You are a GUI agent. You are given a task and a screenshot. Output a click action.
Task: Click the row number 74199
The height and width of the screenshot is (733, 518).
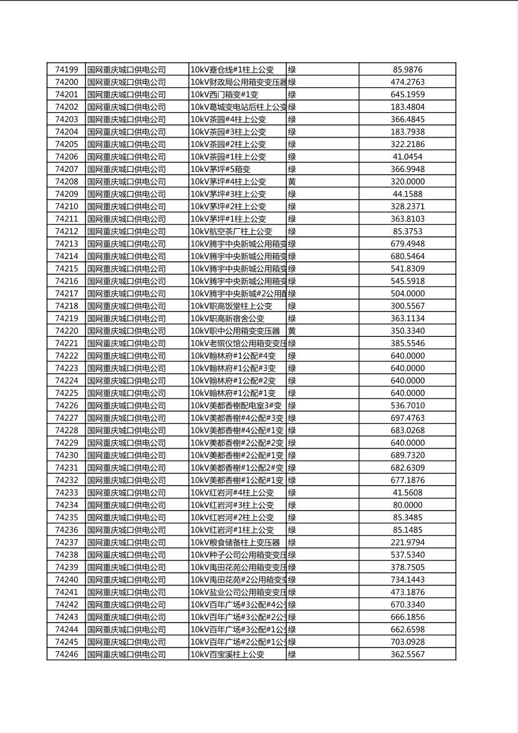[x=66, y=70]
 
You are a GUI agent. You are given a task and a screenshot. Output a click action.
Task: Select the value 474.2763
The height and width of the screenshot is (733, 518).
[x=407, y=82]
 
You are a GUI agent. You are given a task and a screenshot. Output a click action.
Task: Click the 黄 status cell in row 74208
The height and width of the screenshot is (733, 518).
[x=292, y=182]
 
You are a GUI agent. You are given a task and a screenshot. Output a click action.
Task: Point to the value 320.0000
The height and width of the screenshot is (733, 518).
[x=407, y=182]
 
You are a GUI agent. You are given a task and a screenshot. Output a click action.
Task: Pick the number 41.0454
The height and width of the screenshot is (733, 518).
[x=407, y=157]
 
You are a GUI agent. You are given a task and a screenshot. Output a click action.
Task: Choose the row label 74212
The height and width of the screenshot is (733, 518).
[x=66, y=231]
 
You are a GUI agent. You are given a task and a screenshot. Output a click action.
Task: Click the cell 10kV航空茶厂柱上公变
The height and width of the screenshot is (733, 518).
[x=231, y=231]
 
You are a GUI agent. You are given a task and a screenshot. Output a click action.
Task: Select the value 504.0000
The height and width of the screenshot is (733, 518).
[x=407, y=293]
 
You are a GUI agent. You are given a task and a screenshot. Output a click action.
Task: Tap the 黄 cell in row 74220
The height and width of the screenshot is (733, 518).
[x=292, y=331]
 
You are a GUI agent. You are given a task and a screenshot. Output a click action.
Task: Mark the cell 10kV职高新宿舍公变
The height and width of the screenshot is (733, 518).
[x=228, y=318]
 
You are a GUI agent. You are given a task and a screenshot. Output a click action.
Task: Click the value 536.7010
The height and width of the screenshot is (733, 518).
[x=407, y=405]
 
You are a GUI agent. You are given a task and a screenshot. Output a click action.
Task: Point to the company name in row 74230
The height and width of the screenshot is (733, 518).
[x=127, y=455]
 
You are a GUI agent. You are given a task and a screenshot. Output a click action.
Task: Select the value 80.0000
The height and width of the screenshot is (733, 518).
[x=407, y=505]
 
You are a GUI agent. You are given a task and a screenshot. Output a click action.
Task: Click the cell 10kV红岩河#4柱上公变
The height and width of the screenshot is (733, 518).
[x=232, y=493]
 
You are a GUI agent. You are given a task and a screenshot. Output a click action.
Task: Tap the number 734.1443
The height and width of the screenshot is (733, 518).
[x=407, y=580]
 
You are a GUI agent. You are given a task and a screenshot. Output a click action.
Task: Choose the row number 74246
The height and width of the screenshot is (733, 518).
[x=66, y=654]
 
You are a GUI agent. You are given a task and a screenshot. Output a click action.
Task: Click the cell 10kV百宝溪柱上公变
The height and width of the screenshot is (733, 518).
[x=228, y=654]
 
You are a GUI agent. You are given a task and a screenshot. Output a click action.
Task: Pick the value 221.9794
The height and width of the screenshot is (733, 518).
[x=407, y=542]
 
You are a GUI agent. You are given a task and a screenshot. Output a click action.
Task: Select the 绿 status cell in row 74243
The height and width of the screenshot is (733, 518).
[x=292, y=617]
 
